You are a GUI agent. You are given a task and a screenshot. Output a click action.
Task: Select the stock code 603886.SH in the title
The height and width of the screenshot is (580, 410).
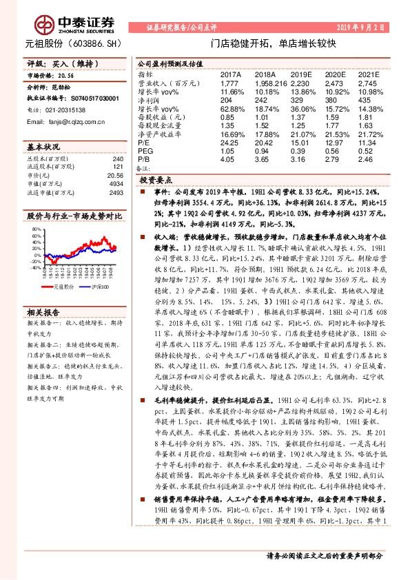101,43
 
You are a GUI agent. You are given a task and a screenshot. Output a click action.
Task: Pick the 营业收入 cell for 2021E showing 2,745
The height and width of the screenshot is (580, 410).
369,81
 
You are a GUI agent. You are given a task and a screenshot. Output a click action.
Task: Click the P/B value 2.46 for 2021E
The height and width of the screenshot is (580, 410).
369,159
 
